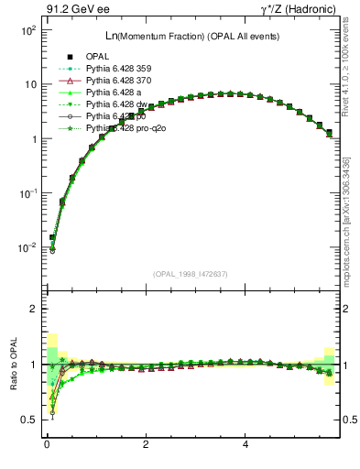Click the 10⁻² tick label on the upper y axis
(x=27, y=247)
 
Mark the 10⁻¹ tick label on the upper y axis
(x=27, y=193)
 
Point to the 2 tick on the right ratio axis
(x=345, y=309)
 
